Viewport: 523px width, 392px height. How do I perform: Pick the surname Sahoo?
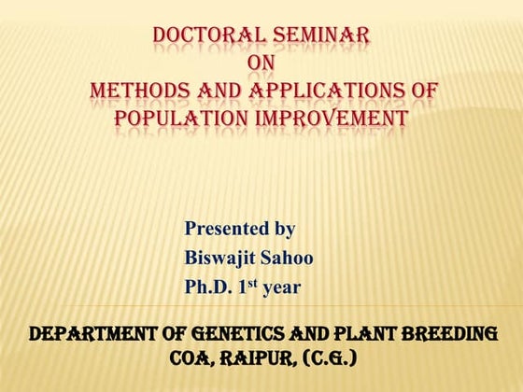point(290,258)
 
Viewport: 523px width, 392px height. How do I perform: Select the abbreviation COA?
point(191,358)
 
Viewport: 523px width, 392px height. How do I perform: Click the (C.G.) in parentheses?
point(327,358)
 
